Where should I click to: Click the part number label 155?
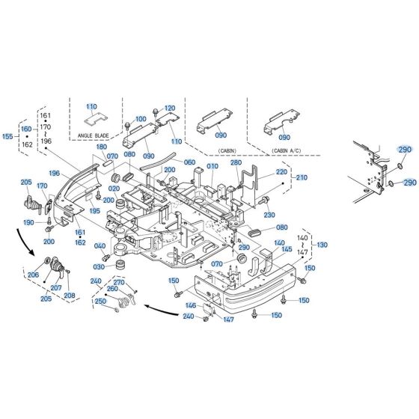click(8, 138)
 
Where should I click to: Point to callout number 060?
click(189, 162)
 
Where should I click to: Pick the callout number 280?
click(236, 163)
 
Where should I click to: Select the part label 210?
click(302, 177)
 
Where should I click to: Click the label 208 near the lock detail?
click(70, 296)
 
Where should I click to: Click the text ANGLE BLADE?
click(94, 135)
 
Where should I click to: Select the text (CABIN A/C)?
click(285, 150)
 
